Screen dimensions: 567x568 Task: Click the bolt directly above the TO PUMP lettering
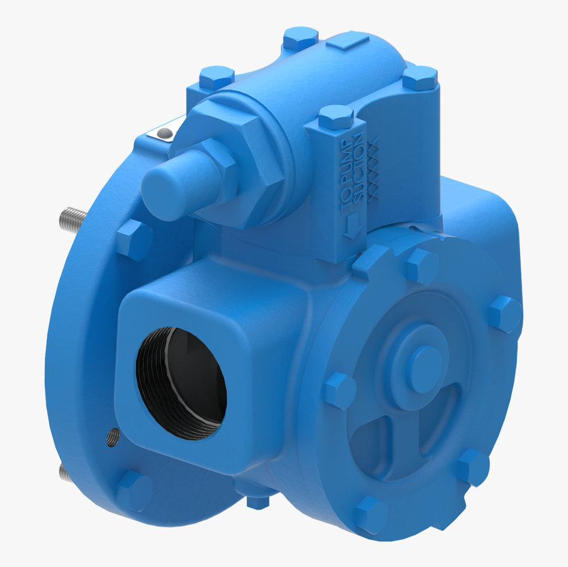[335, 118]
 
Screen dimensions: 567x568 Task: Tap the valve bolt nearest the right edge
[419, 78]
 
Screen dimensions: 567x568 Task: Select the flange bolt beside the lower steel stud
[133, 489]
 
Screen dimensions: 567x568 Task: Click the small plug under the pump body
[257, 501]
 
